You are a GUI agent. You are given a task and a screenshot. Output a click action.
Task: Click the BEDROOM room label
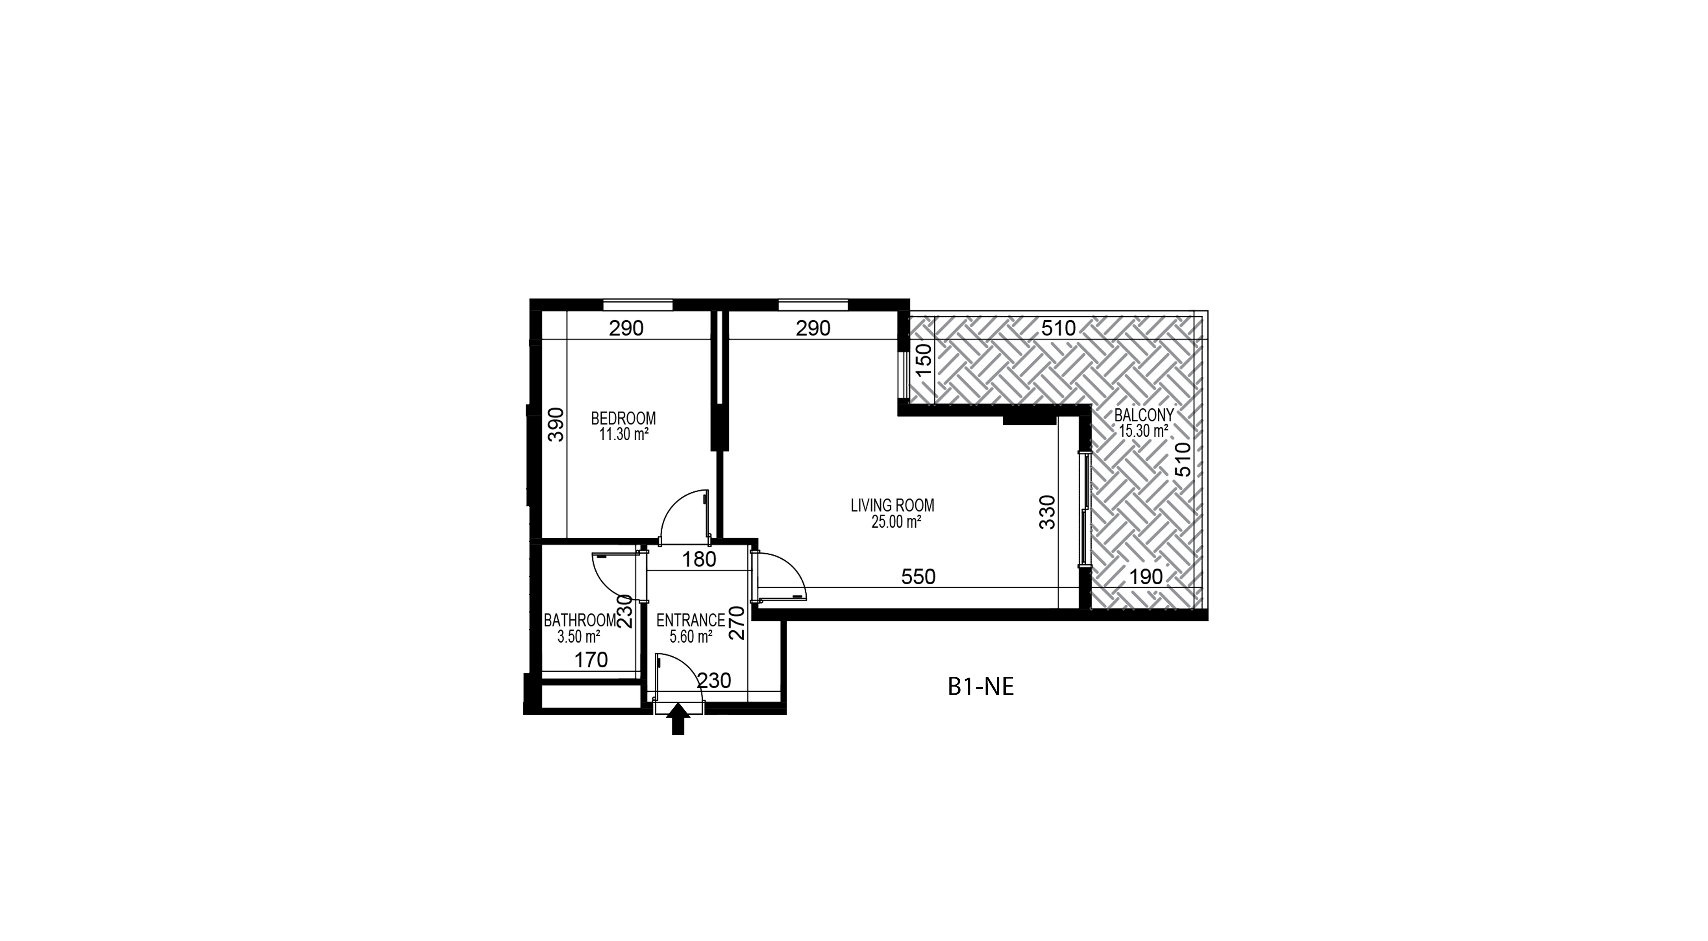pyautogui.click(x=623, y=419)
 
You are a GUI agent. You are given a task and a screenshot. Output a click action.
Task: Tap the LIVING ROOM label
pyautogui.click(x=892, y=505)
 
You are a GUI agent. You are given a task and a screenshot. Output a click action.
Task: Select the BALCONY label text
pyautogui.click(x=1144, y=415)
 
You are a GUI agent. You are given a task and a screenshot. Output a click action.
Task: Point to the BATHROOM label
pyautogui.click(x=580, y=621)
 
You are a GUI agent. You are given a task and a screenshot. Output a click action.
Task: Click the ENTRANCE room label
pyautogui.click(x=690, y=621)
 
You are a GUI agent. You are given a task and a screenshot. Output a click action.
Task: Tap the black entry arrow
pyautogui.click(x=678, y=719)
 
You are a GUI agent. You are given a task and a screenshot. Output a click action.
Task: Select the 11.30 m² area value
pyautogui.click(x=623, y=435)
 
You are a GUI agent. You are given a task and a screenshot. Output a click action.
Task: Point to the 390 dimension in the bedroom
pyautogui.click(x=556, y=424)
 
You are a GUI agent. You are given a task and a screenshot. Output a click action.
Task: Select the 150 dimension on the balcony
pyautogui.click(x=923, y=359)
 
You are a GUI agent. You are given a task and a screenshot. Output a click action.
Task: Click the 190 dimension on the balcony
pyautogui.click(x=1146, y=576)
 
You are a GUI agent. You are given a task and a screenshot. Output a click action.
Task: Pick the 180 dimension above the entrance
pyautogui.click(x=699, y=559)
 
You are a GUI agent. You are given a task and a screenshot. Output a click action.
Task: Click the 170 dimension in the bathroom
pyautogui.click(x=591, y=660)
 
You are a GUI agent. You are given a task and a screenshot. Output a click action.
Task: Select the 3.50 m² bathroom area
pyautogui.click(x=579, y=637)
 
